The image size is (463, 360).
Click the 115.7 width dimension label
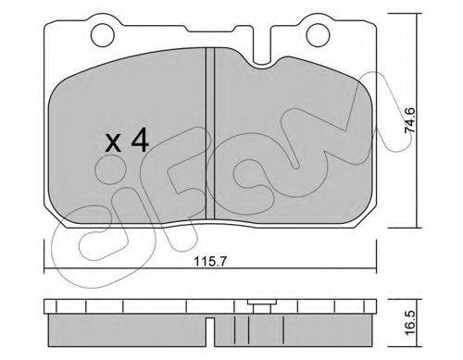[210, 262]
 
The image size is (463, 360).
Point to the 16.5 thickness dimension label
[409, 324]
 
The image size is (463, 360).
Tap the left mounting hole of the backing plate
[103, 35]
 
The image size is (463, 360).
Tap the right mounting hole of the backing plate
[317, 35]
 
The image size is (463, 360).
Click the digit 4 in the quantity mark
[140, 141]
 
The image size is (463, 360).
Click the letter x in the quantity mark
[113, 143]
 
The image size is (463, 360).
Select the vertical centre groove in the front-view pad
[210, 135]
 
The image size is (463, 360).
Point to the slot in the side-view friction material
[210, 332]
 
